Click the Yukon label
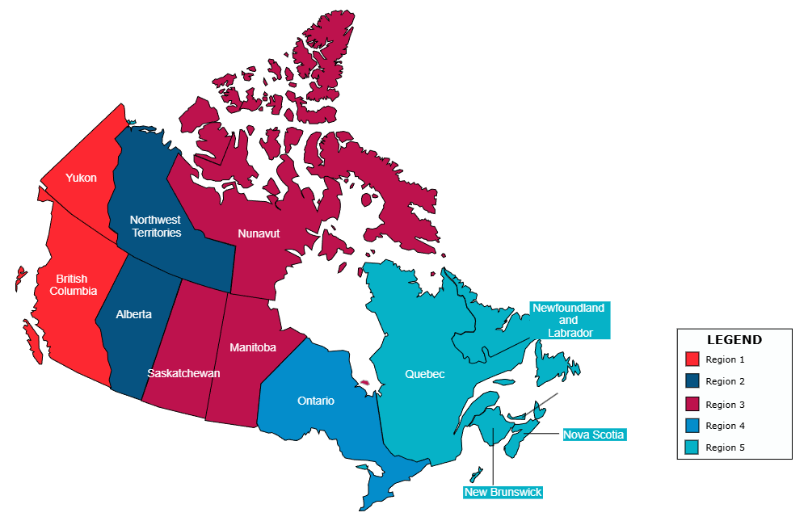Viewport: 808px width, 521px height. point(81,178)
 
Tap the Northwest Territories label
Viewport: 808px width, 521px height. point(155,226)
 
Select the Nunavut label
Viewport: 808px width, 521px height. point(259,233)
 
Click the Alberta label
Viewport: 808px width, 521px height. point(133,314)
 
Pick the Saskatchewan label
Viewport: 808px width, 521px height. point(183,373)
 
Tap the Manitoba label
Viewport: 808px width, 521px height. point(252,347)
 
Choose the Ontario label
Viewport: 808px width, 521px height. point(316,401)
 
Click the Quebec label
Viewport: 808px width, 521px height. point(425,374)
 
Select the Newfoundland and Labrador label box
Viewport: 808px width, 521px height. point(569,321)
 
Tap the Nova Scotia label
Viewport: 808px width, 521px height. point(594,435)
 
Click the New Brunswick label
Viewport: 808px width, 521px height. point(503,492)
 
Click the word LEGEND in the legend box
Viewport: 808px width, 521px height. point(734,340)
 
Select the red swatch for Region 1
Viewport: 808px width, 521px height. point(692,359)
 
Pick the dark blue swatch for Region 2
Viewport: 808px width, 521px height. point(692,381)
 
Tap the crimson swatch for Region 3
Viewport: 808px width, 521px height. point(692,404)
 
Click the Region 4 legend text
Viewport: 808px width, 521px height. point(725,426)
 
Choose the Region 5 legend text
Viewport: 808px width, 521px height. point(725,447)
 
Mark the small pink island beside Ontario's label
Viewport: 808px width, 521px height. point(364,382)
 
